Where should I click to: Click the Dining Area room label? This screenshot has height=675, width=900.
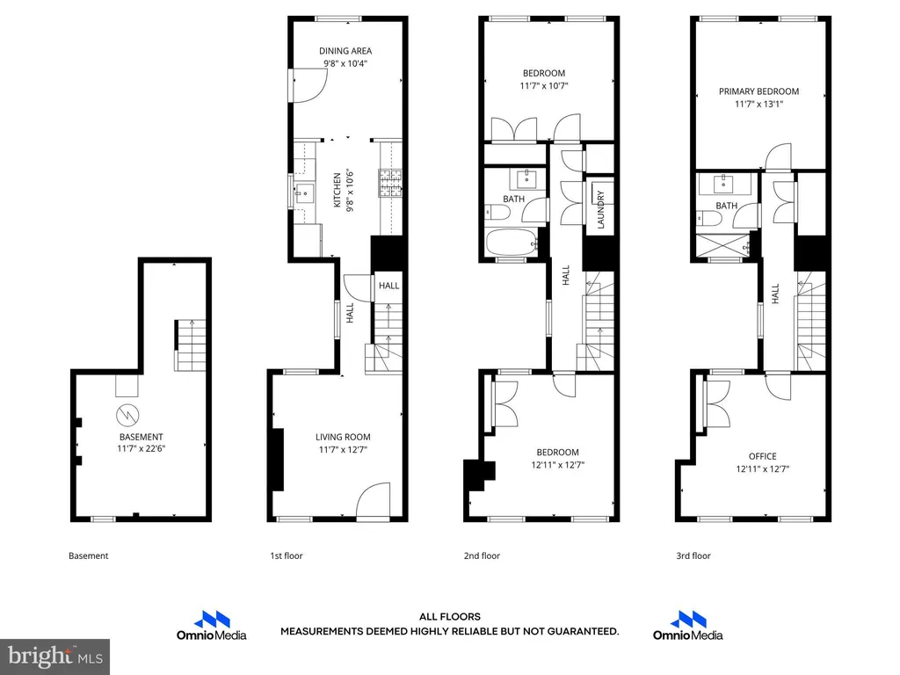[345, 51]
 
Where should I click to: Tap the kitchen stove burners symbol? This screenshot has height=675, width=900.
[389, 183]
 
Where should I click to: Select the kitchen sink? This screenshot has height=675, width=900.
[305, 192]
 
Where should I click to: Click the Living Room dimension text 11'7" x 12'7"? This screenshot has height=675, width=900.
[343, 449]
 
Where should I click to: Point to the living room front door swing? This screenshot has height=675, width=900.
[373, 500]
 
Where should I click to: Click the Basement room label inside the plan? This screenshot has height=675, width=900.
[142, 437]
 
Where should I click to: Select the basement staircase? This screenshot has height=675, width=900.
[191, 345]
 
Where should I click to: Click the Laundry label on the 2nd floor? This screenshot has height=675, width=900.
[601, 210]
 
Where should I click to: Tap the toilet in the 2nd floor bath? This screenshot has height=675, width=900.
[497, 214]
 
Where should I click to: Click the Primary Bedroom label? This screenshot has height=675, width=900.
[758, 91]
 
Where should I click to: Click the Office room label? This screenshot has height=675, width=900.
[762, 456]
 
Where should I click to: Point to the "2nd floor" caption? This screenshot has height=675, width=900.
[482, 555]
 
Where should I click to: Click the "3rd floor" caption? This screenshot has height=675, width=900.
[693, 555]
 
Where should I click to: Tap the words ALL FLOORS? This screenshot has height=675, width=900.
[449, 617]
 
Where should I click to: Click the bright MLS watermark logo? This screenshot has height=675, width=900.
[55, 656]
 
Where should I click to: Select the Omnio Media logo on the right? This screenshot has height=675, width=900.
[687, 626]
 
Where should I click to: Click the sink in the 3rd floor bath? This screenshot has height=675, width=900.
[723, 185]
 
